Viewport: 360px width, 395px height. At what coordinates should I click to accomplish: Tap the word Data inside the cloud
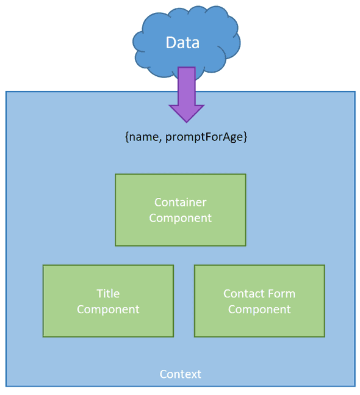(182, 42)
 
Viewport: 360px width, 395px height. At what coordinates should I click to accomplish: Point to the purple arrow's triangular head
(186, 112)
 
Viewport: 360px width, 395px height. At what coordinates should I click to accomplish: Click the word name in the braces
(143, 137)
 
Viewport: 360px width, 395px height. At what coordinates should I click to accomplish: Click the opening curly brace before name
(126, 137)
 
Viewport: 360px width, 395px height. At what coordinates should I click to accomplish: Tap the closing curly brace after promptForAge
(245, 137)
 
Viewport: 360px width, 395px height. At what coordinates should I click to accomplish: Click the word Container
(180, 202)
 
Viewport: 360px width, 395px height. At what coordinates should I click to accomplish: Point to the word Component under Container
(180, 218)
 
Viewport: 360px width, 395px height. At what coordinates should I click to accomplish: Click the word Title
(108, 294)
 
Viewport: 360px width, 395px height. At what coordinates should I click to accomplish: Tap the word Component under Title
(108, 310)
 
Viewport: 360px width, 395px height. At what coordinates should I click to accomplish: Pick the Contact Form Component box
(259, 324)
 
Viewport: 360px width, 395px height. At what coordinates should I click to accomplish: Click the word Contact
(243, 294)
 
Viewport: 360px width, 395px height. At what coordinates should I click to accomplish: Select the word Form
(281, 294)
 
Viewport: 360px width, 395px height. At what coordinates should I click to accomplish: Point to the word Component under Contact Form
(259, 310)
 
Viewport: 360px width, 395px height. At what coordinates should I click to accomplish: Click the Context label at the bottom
(180, 374)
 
